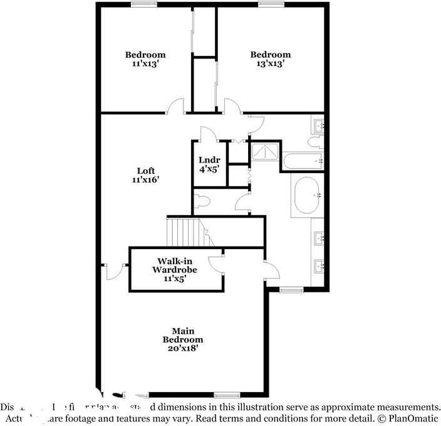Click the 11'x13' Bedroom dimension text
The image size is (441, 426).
(x=145, y=63)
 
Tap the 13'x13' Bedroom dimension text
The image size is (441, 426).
(x=271, y=63)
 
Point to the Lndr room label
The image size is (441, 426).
(x=209, y=160)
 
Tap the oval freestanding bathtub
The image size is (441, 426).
(x=306, y=196)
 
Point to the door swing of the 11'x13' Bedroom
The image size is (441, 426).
(x=176, y=107)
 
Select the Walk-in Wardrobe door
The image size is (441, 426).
(x=216, y=264)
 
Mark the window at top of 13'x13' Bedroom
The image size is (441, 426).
(x=271, y=4)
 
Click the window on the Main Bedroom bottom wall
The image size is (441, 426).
(x=226, y=395)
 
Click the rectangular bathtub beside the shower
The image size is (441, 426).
(x=303, y=162)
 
